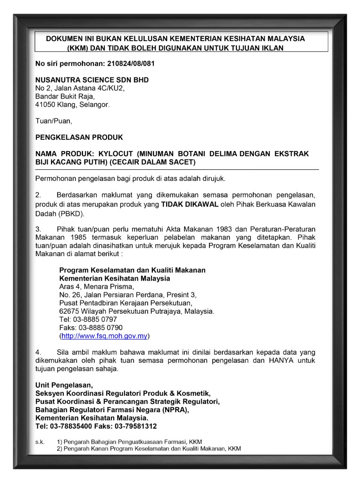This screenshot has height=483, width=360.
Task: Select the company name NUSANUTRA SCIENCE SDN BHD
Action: click(92, 80)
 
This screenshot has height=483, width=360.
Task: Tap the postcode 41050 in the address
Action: click(45, 105)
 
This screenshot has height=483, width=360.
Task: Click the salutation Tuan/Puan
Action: click(54, 121)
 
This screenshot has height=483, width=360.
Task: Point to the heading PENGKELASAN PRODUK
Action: click(79, 138)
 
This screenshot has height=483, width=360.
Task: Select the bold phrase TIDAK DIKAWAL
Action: click(190, 205)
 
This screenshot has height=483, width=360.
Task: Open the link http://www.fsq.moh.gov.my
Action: click(105, 336)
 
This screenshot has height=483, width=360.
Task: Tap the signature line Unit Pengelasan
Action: click(64, 385)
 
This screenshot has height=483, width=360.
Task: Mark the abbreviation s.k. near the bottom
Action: click(40, 442)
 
